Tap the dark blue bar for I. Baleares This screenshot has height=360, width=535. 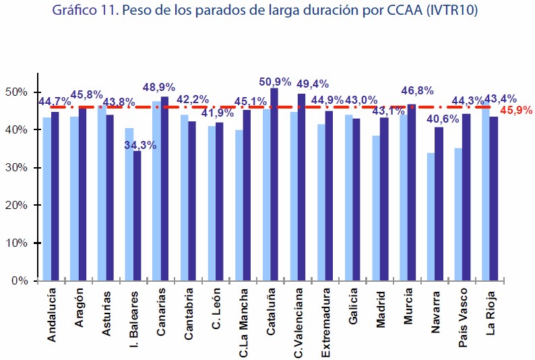click(137, 216)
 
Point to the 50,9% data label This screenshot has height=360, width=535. click(275, 82)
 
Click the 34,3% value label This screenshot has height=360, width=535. click(139, 144)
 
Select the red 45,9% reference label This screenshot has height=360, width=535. click(516, 109)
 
